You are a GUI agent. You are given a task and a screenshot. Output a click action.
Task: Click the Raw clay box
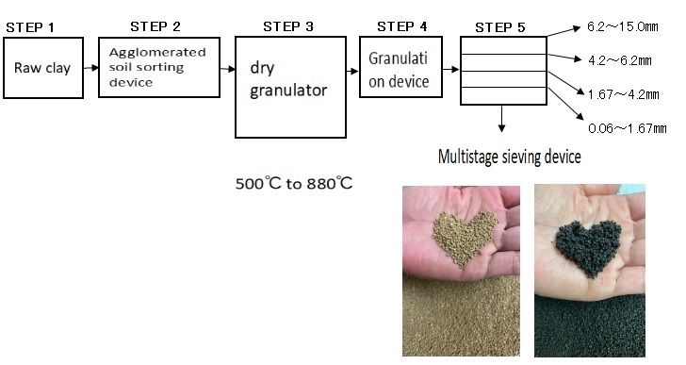pos(41,69)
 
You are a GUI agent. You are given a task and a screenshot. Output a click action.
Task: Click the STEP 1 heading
pos(30,27)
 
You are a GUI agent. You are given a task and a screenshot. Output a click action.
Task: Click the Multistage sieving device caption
pos(509,157)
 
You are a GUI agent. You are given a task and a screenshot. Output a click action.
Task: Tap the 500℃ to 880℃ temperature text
pos(294,182)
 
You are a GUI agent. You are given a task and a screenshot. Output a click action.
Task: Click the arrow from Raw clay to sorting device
pos(87,68)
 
